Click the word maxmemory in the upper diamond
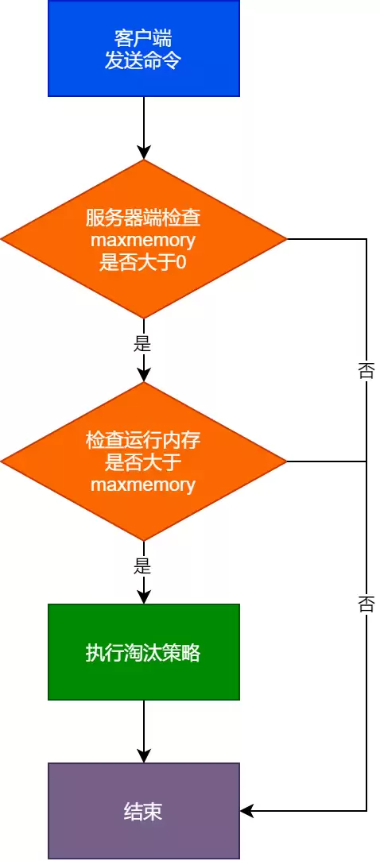pyautogui.click(x=143, y=240)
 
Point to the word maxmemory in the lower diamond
pyautogui.click(x=143, y=484)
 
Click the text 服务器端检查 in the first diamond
pyautogui.click(x=143, y=218)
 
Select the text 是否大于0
pyautogui.click(x=143, y=261)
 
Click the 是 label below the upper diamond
pyautogui.click(x=143, y=345)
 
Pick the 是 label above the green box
pyautogui.click(x=143, y=566)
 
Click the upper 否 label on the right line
pyautogui.click(x=366, y=371)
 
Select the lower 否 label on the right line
pyautogui.click(x=366, y=604)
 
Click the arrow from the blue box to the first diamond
pyautogui.click(x=143, y=127)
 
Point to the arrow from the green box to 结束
pyautogui.click(x=143, y=731)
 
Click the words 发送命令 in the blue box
pyautogui.click(x=143, y=60)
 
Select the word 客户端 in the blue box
pyautogui.click(x=143, y=38)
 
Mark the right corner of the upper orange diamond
pyautogui.click(x=285, y=239)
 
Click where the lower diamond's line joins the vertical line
pyautogui.click(x=366, y=461)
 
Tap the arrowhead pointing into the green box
pyautogui.click(x=143, y=597)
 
